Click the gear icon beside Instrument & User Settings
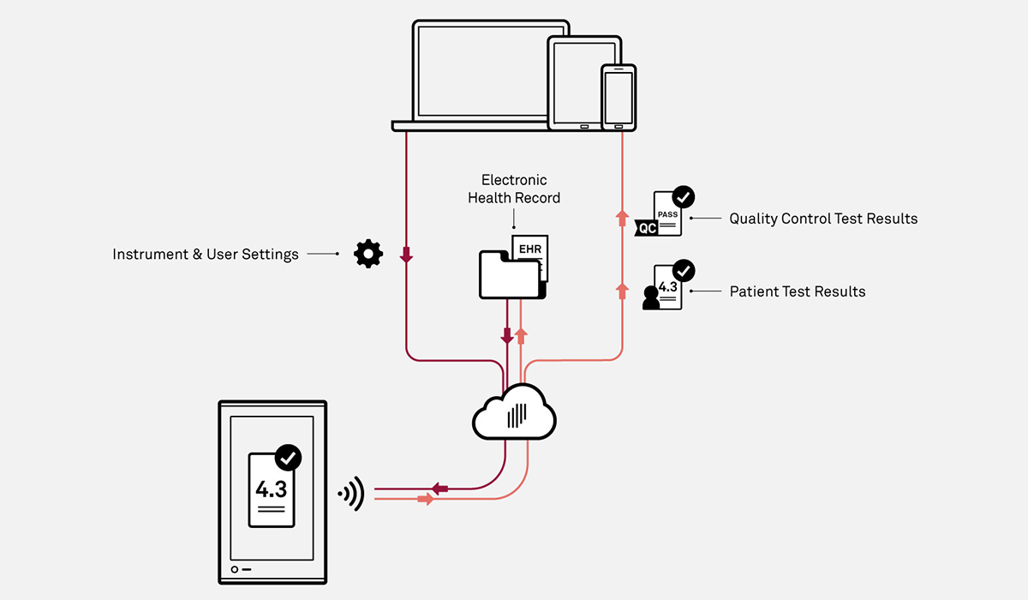pos(368,254)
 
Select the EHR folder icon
pos(512,273)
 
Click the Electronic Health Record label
pos(514,189)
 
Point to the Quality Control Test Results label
pos(823,219)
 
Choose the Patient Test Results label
pos(798,291)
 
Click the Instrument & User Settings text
pos(206,255)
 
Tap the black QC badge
pos(647,229)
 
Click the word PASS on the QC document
pos(667,213)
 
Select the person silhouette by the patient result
pos(651,297)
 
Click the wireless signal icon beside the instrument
pos(352,494)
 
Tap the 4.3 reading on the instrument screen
pos(271,489)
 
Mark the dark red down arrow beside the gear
pos(406,255)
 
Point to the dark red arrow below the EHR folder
pos(507,335)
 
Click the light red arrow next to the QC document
pos(623,219)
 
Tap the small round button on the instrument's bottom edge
pos(234,569)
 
